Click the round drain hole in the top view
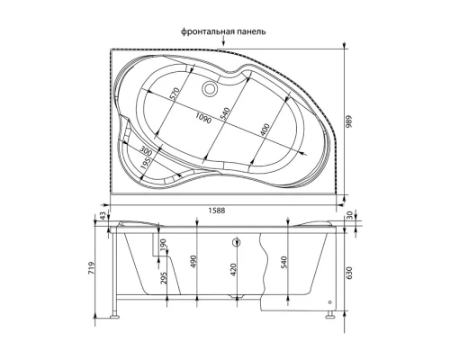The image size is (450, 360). click(x=212, y=88)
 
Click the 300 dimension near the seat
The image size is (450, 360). click(x=148, y=149)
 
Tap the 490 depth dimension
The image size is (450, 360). click(x=193, y=261)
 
